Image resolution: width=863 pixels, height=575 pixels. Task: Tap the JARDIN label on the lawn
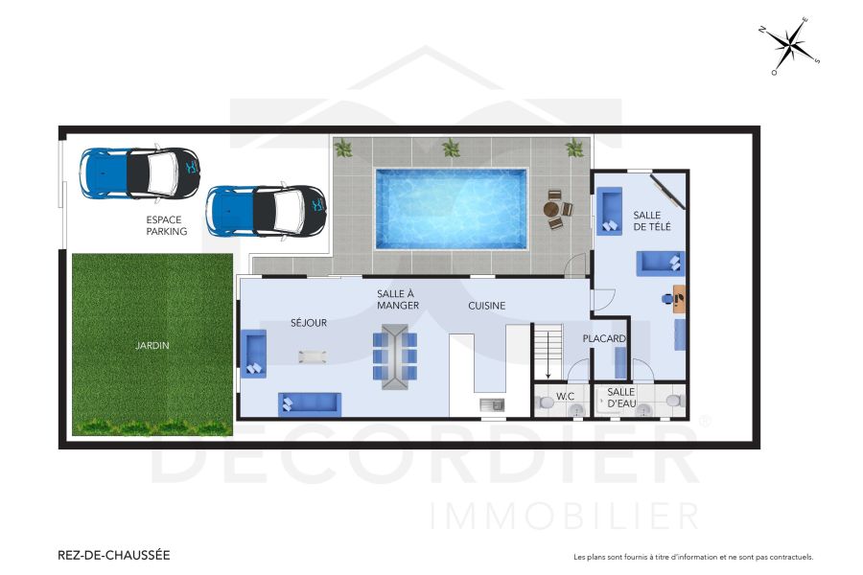click(152, 346)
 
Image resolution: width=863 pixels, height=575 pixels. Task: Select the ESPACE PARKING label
click(167, 225)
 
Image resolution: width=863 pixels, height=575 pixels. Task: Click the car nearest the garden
click(267, 211)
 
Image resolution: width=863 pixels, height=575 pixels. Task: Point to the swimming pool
click(451, 209)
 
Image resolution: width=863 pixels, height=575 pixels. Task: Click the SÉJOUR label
click(309, 323)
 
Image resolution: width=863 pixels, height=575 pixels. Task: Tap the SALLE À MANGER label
click(395, 299)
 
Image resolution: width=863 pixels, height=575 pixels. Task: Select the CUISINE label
click(486, 306)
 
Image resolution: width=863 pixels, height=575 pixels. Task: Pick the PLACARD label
click(604, 339)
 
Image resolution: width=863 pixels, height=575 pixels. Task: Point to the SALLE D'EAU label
click(621, 398)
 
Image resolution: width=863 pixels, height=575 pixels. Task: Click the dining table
click(394, 356)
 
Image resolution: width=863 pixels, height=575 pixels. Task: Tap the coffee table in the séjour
click(312, 356)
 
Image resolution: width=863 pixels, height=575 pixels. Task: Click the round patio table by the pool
click(551, 209)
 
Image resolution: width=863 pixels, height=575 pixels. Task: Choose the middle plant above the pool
click(450, 148)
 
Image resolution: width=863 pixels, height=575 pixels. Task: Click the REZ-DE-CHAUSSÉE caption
click(114, 555)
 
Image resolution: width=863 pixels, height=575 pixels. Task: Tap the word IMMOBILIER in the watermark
click(565, 516)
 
